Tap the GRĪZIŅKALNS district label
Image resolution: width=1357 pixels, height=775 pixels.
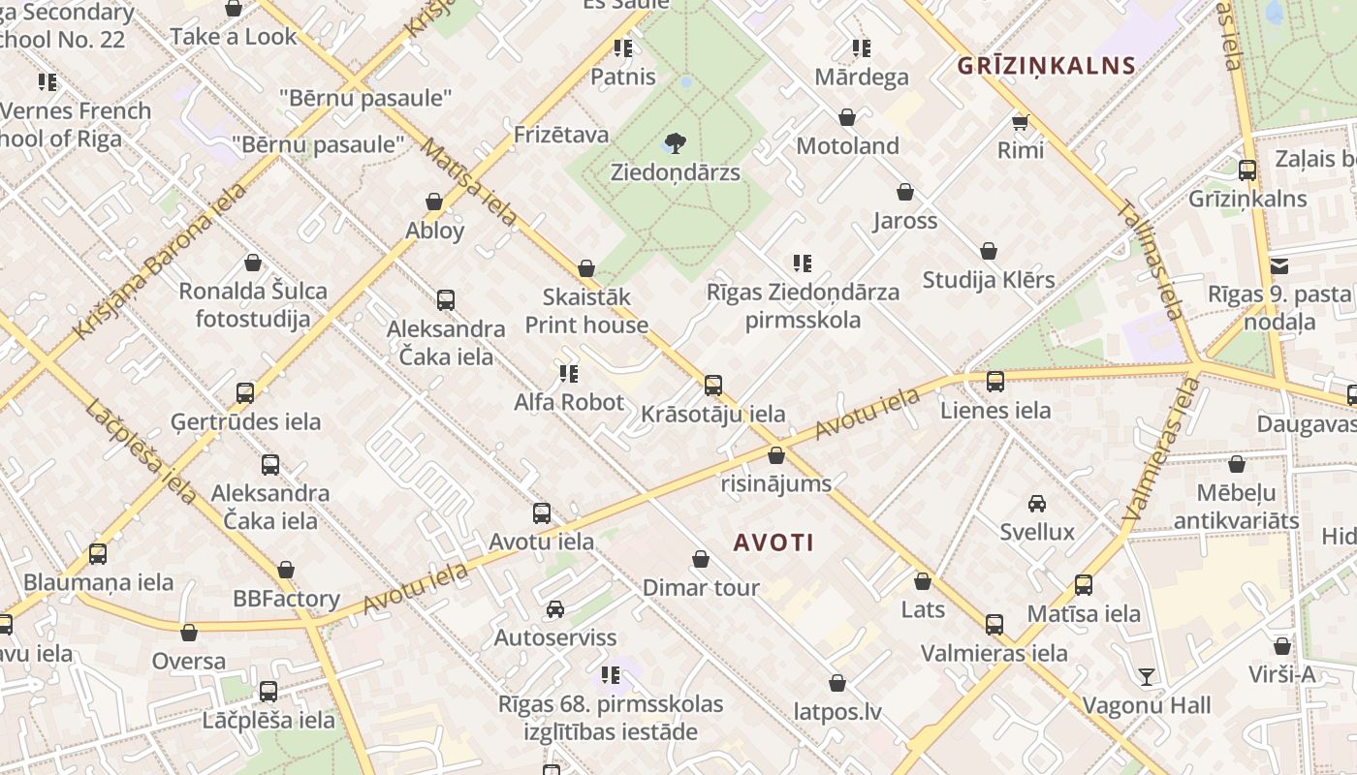(x=1045, y=66)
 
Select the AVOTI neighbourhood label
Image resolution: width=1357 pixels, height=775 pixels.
(x=773, y=542)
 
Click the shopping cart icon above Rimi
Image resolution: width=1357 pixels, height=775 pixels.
(x=1020, y=122)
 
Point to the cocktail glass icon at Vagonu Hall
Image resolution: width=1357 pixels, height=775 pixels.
(x=1147, y=676)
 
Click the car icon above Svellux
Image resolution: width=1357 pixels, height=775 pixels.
(x=1037, y=504)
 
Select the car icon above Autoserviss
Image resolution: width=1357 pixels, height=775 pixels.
(x=554, y=609)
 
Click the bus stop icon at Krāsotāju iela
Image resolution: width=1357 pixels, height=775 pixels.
(x=713, y=386)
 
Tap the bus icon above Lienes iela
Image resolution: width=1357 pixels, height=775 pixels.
(x=995, y=382)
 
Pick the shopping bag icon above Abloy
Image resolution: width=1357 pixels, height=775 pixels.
(x=434, y=202)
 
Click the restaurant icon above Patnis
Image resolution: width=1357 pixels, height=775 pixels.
(x=622, y=47)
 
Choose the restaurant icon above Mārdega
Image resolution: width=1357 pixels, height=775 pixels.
(x=861, y=47)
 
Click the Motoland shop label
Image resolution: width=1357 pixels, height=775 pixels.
(x=847, y=146)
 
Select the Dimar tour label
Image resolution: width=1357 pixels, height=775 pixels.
(x=701, y=587)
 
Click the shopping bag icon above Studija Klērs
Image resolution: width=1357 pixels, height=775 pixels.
(x=989, y=252)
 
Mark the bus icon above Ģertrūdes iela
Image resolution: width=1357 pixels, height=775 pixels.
(x=245, y=393)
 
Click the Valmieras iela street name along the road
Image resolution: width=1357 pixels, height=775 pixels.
(x=1162, y=450)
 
